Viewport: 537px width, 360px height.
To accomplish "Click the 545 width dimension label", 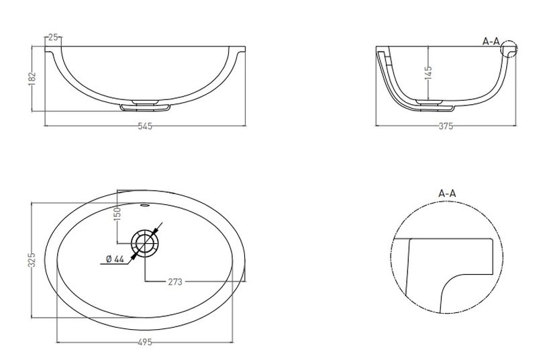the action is (x=145, y=126).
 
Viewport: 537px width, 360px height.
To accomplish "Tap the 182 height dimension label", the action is (x=32, y=78).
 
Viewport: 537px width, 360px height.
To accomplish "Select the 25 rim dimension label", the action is (x=53, y=38).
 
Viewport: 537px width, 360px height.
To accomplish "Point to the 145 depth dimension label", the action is (x=428, y=73).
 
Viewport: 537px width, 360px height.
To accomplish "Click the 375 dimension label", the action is (x=446, y=126).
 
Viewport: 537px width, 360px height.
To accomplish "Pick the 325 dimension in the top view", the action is (x=32, y=260).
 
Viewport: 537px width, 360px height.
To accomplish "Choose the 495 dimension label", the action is (x=145, y=342).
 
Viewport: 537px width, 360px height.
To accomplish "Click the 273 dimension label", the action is (x=175, y=282).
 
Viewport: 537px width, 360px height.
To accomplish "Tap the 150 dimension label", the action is (x=117, y=213).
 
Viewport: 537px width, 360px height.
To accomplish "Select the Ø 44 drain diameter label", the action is (x=115, y=259).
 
